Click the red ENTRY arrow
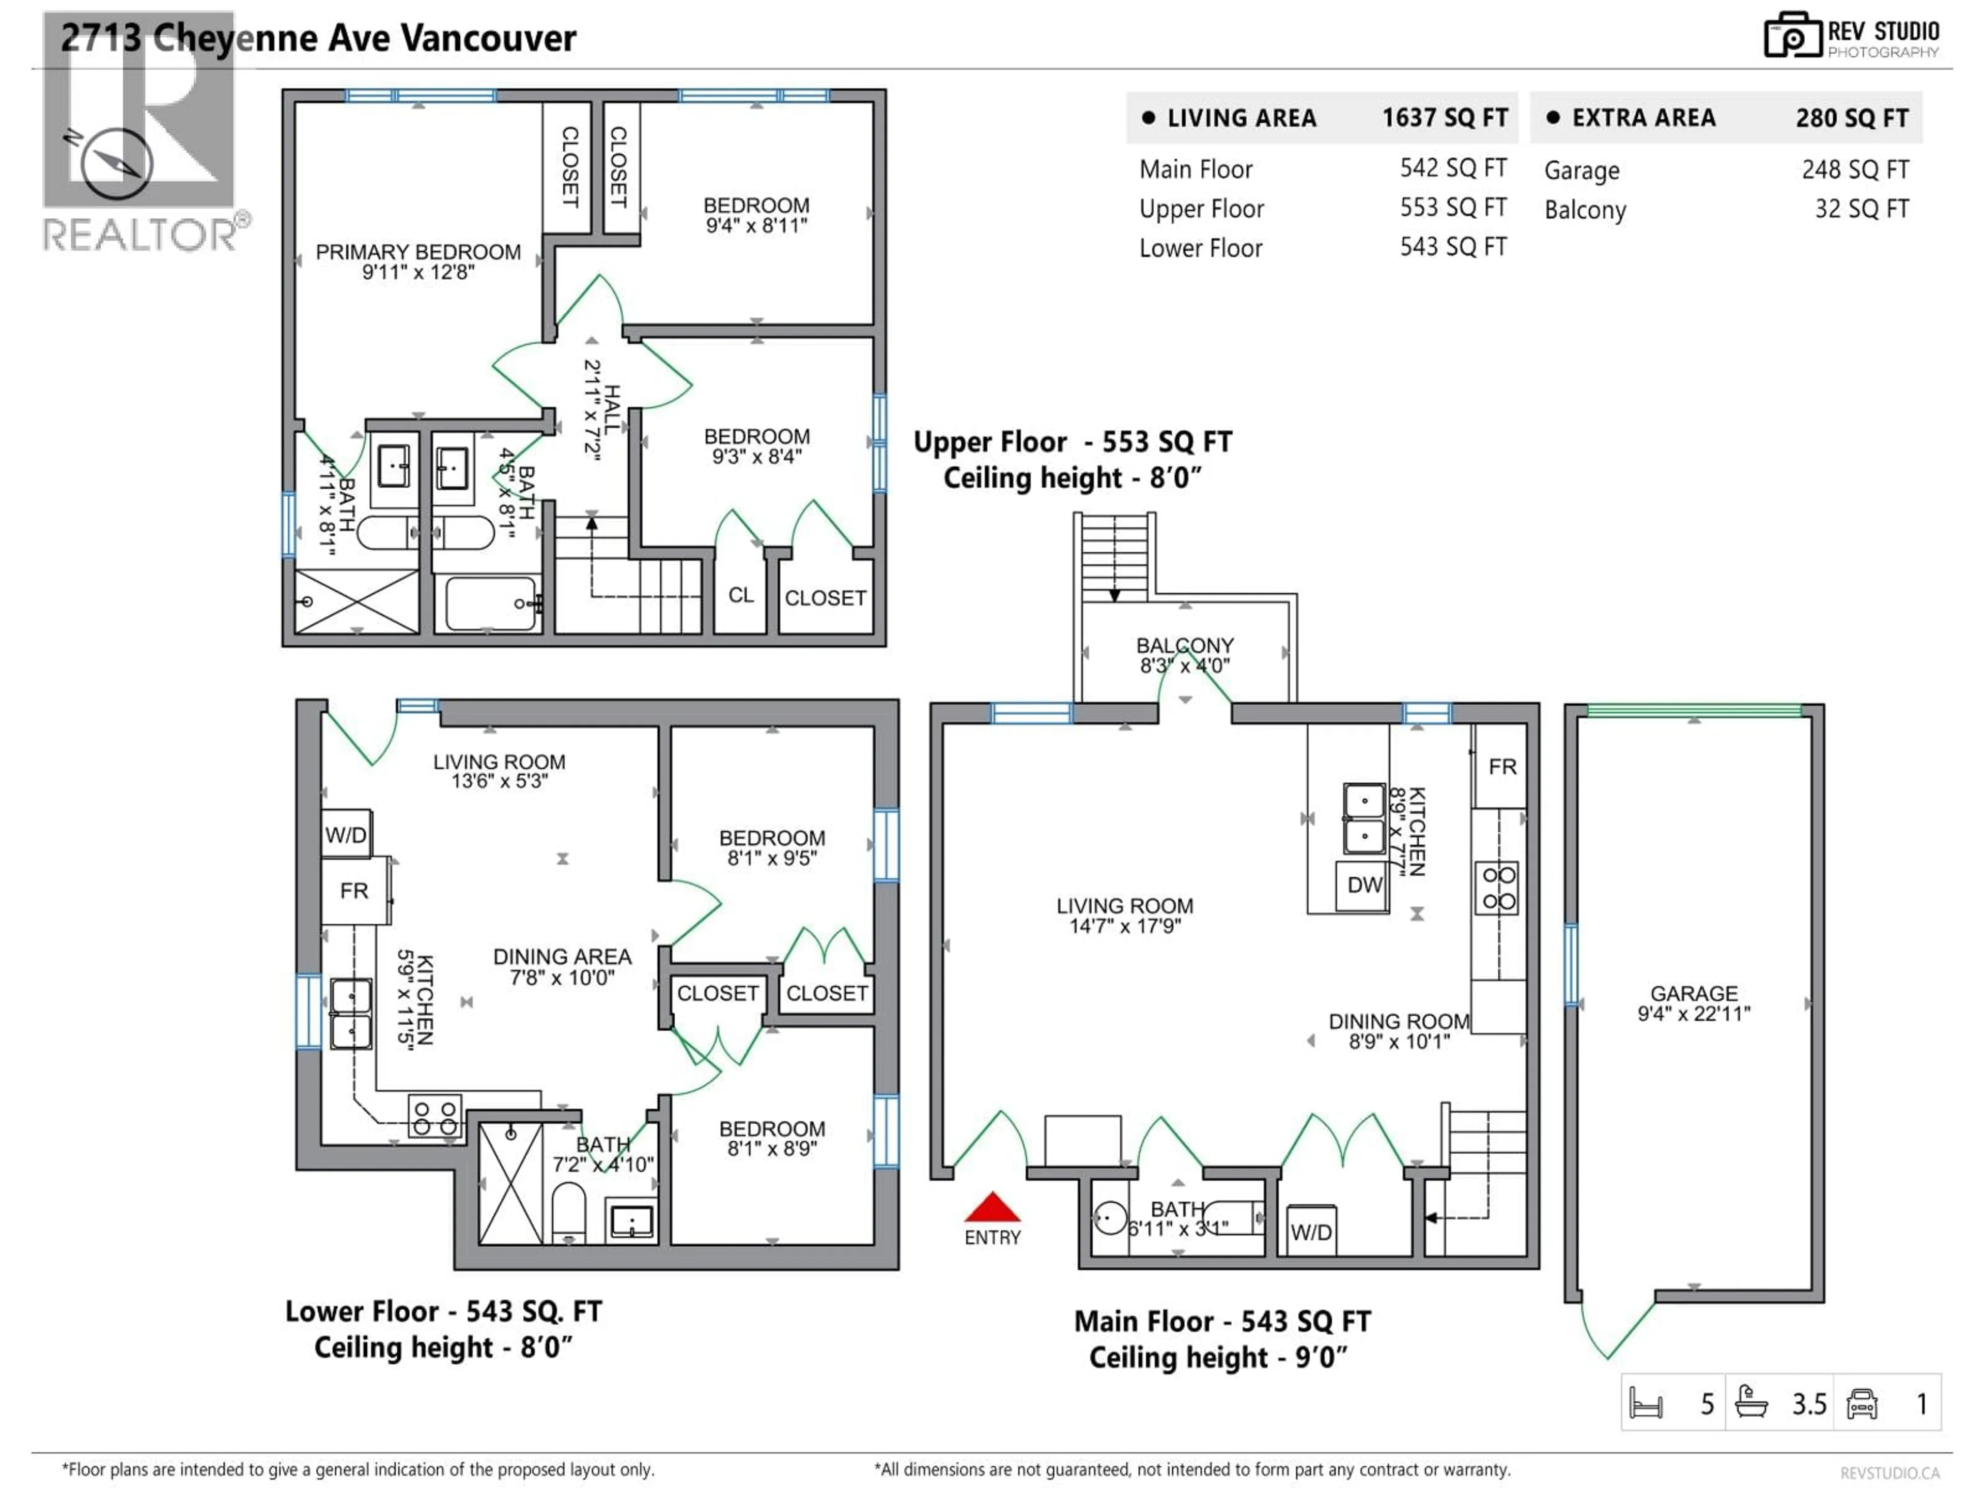tap(992, 1207)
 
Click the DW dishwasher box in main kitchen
tap(1364, 885)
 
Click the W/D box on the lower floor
tap(345, 835)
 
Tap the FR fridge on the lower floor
tap(354, 891)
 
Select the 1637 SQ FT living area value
tap(1444, 117)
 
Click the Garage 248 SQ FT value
tap(1855, 169)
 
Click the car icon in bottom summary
tap(1862, 1404)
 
